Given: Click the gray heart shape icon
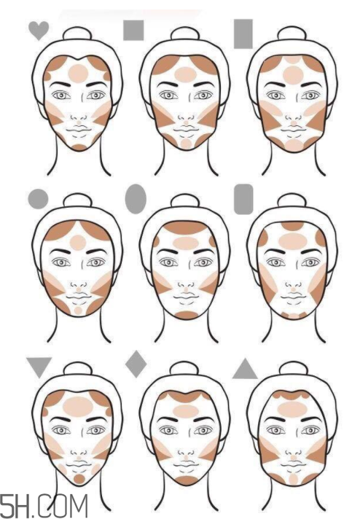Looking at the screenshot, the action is pyautogui.click(x=39, y=30).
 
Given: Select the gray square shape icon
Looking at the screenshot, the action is pyautogui.click(x=133, y=30).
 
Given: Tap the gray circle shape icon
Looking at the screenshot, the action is pyautogui.click(x=38, y=198).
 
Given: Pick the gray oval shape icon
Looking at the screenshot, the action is pyautogui.click(x=136, y=199).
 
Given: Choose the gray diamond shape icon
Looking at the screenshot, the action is pyautogui.click(x=136, y=364).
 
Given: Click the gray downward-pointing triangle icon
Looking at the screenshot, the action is pyautogui.click(x=39, y=367).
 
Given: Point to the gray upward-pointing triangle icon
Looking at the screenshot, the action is pyautogui.click(x=245, y=369).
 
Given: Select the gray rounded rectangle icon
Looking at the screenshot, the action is pyautogui.click(x=243, y=199).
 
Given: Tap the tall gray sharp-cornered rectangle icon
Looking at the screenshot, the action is pyautogui.click(x=243, y=34).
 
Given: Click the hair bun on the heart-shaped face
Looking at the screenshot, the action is pyautogui.click(x=77, y=34).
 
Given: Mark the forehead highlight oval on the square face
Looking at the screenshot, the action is pyautogui.click(x=185, y=74).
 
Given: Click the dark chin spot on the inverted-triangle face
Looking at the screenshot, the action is pyautogui.click(x=79, y=479).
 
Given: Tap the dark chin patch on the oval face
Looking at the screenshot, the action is pyautogui.click(x=187, y=315).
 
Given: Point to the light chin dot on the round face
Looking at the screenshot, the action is pyautogui.click(x=78, y=311).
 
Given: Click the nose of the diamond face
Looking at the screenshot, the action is pyautogui.click(x=186, y=455).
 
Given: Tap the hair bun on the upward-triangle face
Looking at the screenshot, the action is pyautogui.click(x=291, y=369).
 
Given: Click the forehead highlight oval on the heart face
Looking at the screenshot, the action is pyautogui.click(x=79, y=73).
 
